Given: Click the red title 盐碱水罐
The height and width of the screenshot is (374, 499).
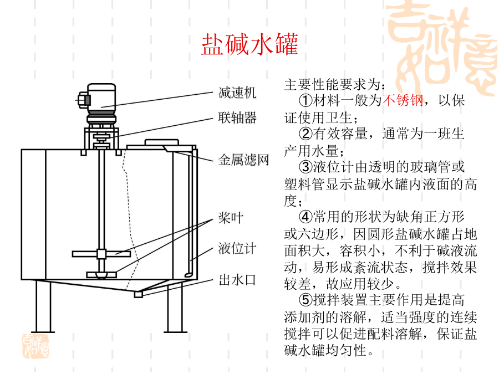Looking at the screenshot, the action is (250, 44).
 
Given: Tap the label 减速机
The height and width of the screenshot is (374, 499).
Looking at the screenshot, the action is (237, 93).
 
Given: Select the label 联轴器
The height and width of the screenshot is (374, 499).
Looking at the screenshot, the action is (237, 117).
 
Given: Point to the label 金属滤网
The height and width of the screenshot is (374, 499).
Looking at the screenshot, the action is (244, 160).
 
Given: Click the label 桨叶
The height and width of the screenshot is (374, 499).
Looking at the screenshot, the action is (231, 218).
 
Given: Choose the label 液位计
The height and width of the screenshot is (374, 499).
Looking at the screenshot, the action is (237, 248).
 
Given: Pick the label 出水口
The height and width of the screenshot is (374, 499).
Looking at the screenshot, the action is (237, 280).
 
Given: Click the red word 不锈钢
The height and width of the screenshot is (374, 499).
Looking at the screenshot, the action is (403, 100).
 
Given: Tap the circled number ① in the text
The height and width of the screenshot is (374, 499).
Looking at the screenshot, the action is (306, 100).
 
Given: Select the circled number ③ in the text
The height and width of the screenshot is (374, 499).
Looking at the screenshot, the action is (306, 167).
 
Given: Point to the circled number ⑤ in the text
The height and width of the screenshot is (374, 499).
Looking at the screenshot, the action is (306, 300).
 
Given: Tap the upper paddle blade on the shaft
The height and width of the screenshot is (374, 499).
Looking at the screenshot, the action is (101, 254).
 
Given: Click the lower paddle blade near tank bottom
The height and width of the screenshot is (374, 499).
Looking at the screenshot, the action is (101, 274).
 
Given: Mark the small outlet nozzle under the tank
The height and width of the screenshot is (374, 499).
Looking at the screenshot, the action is (138, 295).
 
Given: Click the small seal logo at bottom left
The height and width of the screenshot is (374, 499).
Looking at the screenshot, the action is (35, 346).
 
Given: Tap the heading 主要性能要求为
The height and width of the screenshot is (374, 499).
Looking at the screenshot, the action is (335, 85).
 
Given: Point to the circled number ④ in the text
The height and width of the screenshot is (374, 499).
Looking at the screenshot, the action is (306, 217).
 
